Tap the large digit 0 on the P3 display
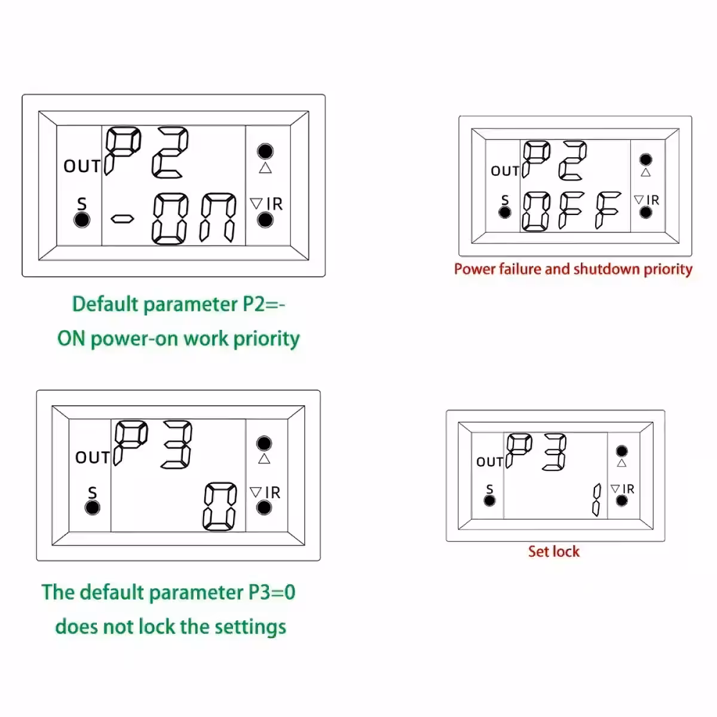click(220, 507)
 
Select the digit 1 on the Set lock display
click(596, 500)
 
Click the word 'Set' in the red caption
click(538, 551)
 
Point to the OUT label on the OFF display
click(505, 171)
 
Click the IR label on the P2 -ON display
click(274, 204)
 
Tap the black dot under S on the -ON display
click(82, 220)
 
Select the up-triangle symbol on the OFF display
click(645, 173)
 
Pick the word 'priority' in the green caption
click(266, 339)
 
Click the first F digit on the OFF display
click(572, 210)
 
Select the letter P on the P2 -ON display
click(122, 150)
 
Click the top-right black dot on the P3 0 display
click(264, 443)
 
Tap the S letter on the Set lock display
click(489, 489)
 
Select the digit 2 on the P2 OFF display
click(572, 160)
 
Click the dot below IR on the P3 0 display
click(264, 508)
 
